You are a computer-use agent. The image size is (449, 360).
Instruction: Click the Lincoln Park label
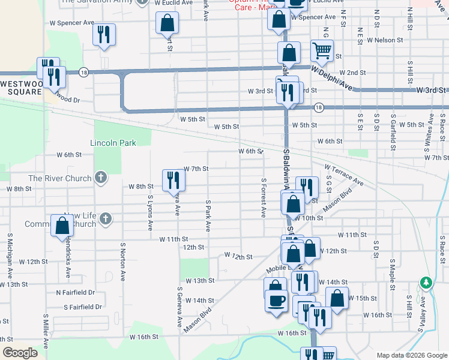(113, 143)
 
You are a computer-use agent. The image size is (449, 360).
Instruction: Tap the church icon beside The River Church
(101, 178)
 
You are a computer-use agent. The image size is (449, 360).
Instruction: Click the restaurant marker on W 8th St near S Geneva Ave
(171, 179)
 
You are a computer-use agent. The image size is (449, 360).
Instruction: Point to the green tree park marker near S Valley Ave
(426, 282)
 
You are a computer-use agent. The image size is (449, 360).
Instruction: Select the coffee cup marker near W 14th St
(277, 301)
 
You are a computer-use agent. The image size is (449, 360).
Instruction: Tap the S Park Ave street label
(208, 216)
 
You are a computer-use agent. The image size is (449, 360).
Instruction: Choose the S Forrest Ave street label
(263, 197)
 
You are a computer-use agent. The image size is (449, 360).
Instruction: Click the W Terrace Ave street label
(344, 175)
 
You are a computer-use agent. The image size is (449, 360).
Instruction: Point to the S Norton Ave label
(122, 262)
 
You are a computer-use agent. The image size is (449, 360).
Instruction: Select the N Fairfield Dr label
(75, 292)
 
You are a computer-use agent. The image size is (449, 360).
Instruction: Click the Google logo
(20, 353)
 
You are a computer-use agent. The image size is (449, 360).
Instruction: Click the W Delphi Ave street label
(331, 78)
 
